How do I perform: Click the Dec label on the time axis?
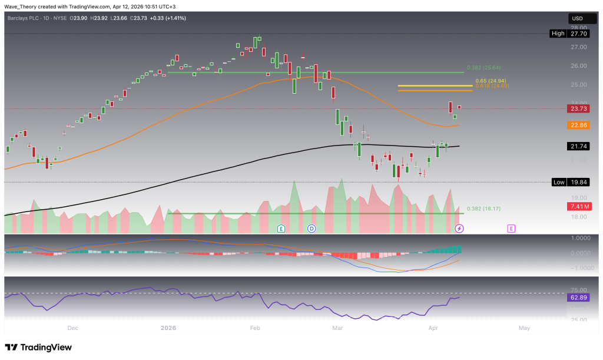click(73, 328)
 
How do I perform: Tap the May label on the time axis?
click(524, 328)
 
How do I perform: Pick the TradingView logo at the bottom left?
click(38, 347)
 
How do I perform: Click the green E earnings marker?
click(281, 227)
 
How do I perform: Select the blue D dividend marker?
click(312, 227)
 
